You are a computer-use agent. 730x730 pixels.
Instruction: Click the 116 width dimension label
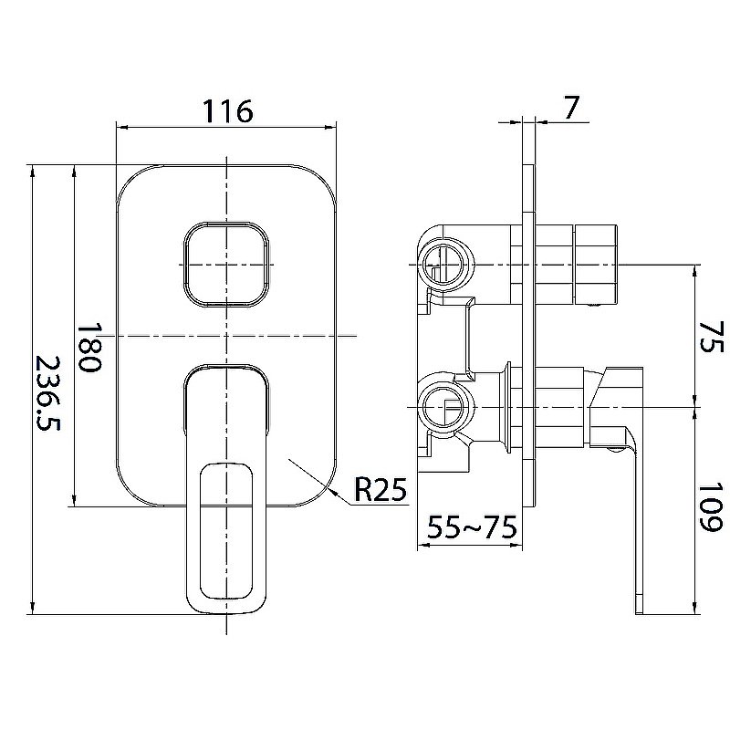click(227, 110)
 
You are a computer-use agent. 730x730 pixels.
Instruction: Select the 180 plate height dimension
click(89, 348)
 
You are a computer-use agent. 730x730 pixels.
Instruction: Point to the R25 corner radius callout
click(381, 489)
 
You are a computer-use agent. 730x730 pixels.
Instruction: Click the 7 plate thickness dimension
click(571, 108)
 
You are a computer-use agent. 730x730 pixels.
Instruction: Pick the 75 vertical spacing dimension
click(712, 336)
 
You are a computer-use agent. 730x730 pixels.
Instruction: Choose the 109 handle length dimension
click(711, 507)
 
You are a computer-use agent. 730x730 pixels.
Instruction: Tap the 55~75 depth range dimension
click(472, 527)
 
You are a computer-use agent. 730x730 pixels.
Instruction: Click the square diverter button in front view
click(226, 265)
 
